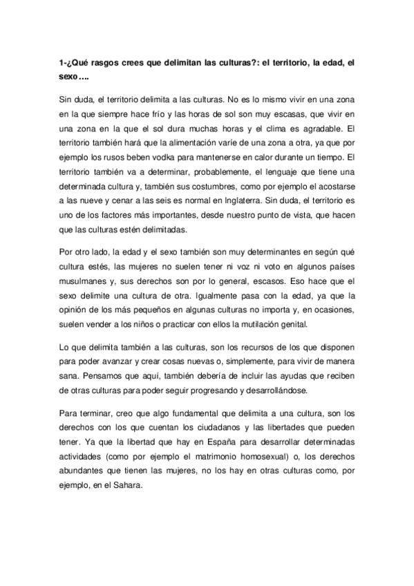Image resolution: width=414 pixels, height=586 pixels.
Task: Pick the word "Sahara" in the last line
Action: point(126,484)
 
